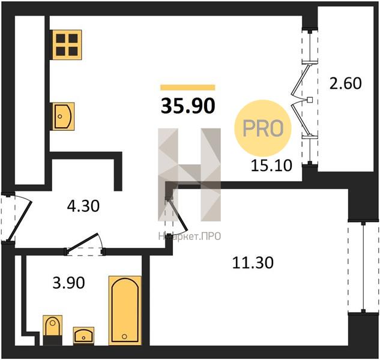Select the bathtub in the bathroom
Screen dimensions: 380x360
pos(125,310)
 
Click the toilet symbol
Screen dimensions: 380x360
pos(52,330)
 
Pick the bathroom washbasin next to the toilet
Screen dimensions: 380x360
pos(83,336)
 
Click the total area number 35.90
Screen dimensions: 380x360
pos(188,106)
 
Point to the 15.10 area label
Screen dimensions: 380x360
pos(271,166)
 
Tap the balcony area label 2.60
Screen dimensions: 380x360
pos(346,83)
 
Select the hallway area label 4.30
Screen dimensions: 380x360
pos(83,206)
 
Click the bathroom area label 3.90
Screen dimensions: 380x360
pos(69,283)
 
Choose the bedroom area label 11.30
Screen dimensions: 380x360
pos(253,263)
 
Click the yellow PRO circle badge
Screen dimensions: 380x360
pos(263,128)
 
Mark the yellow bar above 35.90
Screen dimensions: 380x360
pos(187,88)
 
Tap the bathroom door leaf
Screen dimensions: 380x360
pos(82,242)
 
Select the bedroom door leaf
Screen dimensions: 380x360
pos(178,215)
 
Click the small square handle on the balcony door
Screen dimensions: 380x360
pos(310,100)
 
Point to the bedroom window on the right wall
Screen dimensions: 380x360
pos(363,267)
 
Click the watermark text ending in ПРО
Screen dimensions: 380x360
pos(190,236)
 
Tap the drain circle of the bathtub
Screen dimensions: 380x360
pos(124,336)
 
